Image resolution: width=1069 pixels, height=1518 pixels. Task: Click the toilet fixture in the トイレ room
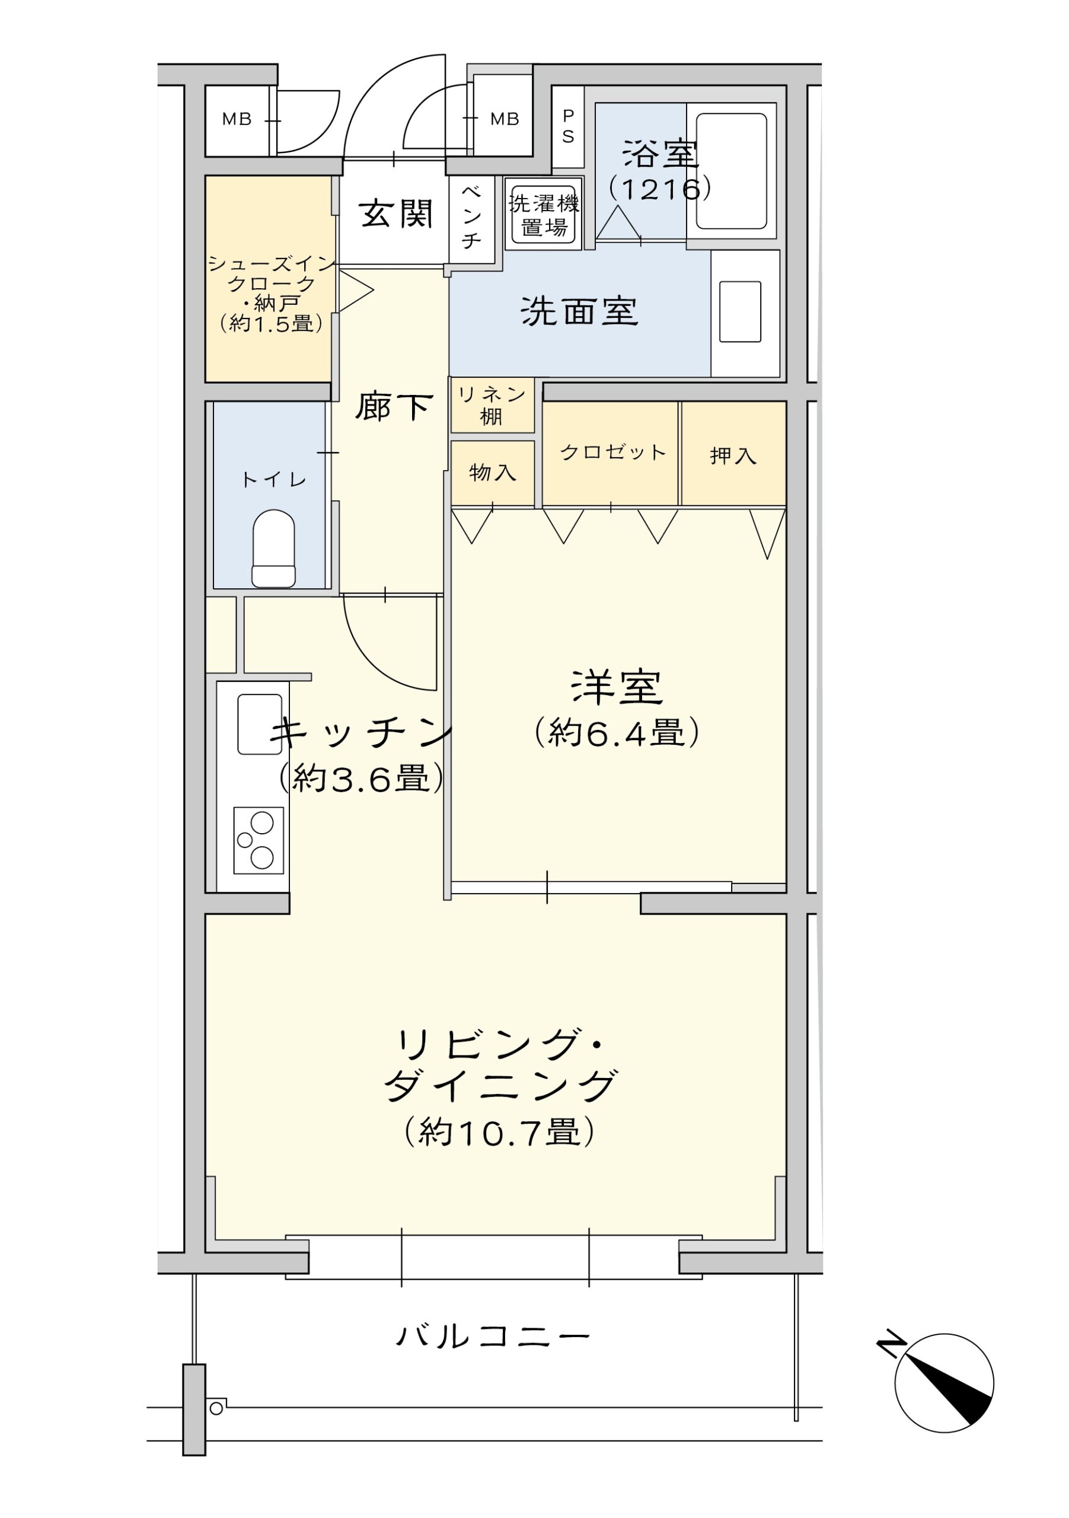click(273, 548)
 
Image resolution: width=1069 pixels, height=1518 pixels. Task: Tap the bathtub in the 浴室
click(731, 171)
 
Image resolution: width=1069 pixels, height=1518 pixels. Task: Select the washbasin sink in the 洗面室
click(740, 311)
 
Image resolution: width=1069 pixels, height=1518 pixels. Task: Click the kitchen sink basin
click(260, 724)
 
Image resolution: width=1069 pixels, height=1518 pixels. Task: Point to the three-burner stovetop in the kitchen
click(259, 840)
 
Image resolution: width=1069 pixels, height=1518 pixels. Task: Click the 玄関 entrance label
click(396, 213)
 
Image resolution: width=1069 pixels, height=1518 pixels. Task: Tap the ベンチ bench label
click(471, 218)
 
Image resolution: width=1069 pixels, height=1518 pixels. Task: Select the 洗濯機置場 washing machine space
click(544, 213)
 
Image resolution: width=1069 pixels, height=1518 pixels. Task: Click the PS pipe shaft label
click(568, 126)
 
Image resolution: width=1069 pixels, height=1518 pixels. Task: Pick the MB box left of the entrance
click(237, 120)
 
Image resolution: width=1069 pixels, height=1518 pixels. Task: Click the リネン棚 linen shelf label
click(492, 405)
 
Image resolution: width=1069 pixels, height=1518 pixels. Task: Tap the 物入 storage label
click(493, 472)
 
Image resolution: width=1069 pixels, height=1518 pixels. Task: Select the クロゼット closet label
click(613, 452)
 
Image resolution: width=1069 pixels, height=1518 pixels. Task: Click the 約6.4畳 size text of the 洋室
click(617, 732)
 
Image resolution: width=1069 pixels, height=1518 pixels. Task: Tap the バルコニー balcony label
click(493, 1337)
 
